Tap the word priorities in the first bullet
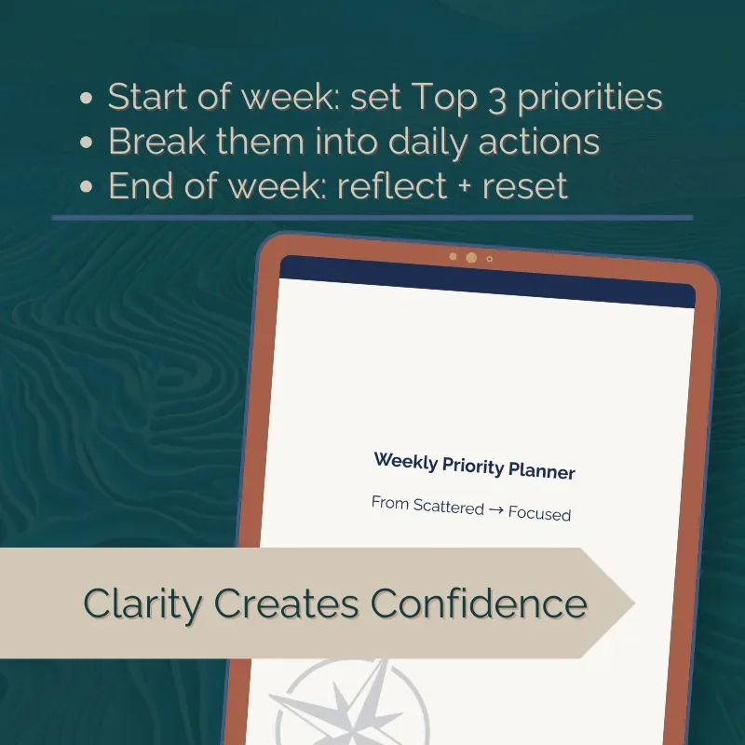point(589,100)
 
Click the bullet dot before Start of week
point(87,100)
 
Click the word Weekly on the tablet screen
point(406,461)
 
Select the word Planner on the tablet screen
point(542,470)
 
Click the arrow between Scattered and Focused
point(495,511)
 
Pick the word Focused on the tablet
point(539,513)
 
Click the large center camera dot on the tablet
point(471,257)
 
